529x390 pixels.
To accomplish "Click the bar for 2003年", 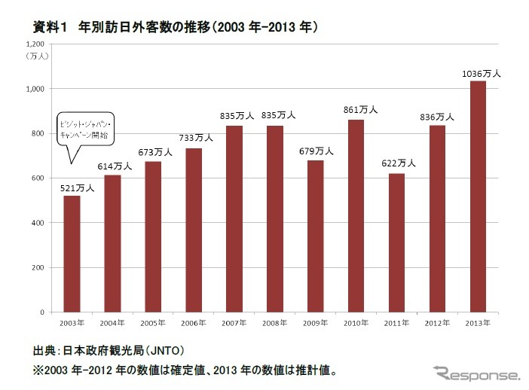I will pos(72,254).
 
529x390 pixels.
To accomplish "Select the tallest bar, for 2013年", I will pos(478,197).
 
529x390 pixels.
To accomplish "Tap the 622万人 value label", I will pos(397,163).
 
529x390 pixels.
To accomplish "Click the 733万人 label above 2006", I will pos(195,138).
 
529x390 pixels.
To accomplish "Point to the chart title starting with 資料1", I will pos(174,27).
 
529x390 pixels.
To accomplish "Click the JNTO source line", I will pos(109,352).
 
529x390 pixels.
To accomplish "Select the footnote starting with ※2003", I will pos(184,370).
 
